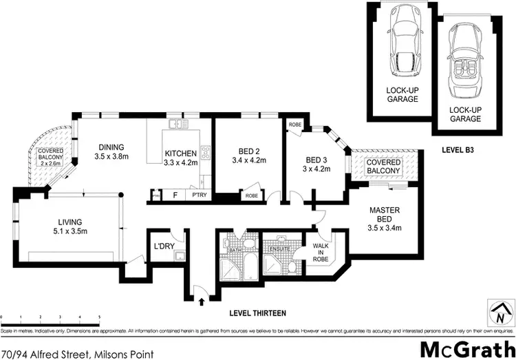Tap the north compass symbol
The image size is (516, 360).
click(497, 313)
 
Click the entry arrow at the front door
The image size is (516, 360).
click(202, 300)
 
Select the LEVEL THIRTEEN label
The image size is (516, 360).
click(258, 313)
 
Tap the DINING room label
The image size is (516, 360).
click(111, 147)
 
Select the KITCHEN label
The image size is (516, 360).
click(181, 153)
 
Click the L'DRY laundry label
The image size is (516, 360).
click(164, 245)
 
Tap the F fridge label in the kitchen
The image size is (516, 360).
click(175, 195)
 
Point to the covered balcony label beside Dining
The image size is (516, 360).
click(50, 157)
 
